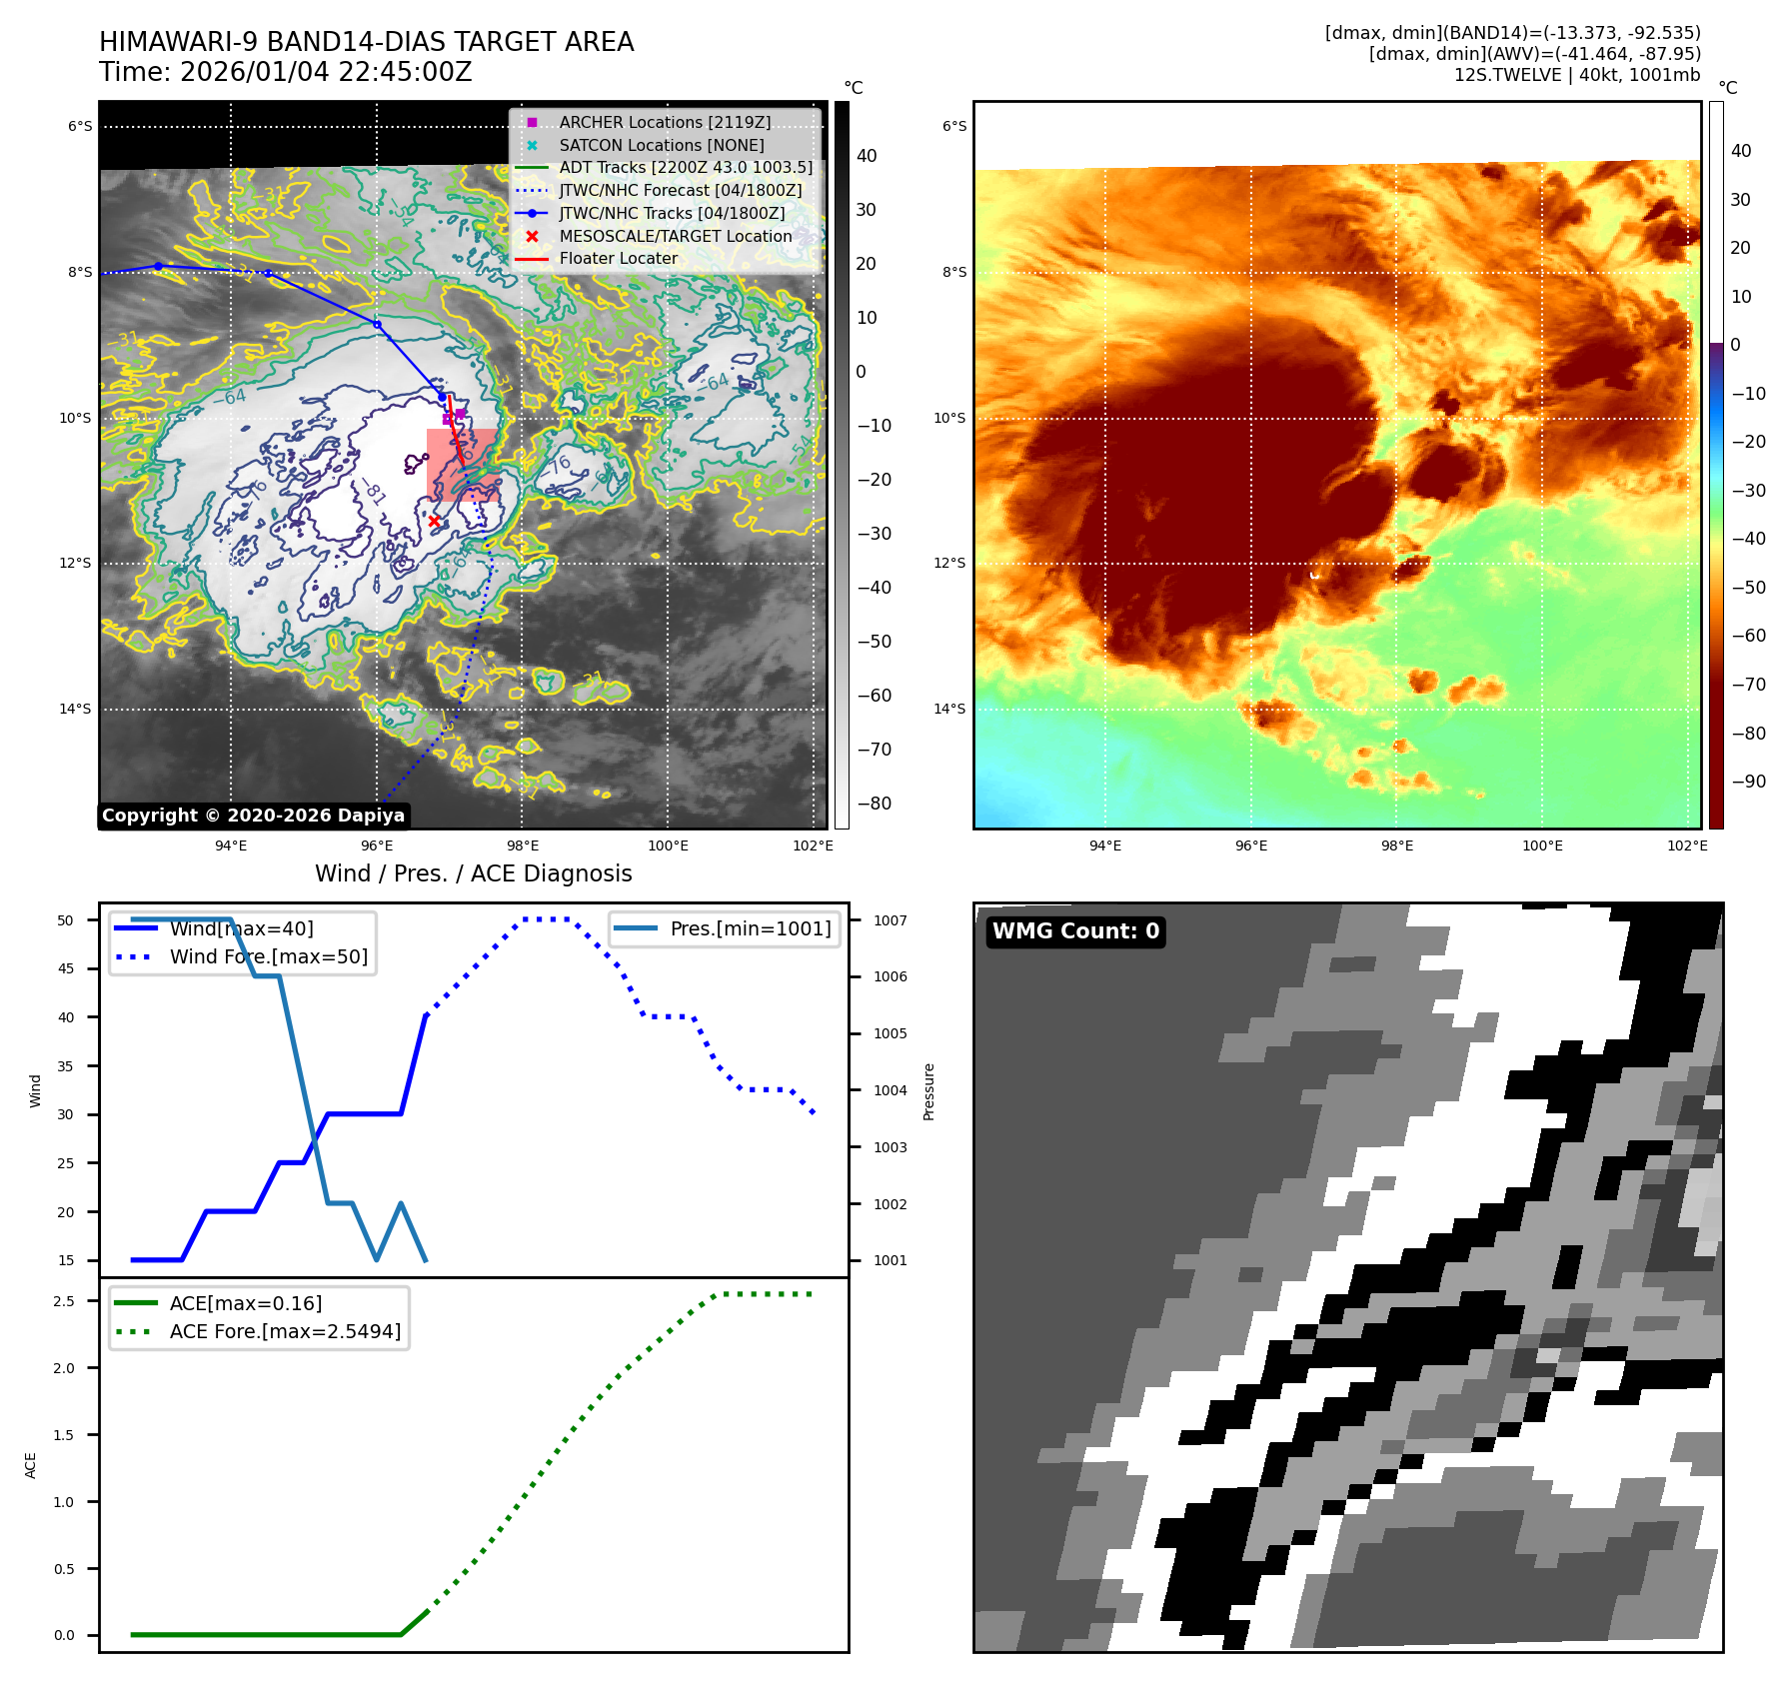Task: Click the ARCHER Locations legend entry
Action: (x=665, y=122)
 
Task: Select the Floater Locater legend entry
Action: (x=618, y=258)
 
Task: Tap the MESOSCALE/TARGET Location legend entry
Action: (x=675, y=236)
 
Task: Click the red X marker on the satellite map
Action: (x=434, y=521)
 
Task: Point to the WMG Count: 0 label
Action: (x=1075, y=931)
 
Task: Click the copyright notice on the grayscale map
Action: (x=254, y=816)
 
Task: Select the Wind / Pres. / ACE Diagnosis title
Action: (x=474, y=873)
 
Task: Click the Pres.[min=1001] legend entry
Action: (x=750, y=928)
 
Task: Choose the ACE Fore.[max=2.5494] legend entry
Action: (x=285, y=1331)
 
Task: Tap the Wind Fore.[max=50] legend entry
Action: (x=268, y=956)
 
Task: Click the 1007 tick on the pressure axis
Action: (x=891, y=920)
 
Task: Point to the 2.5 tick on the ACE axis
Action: (x=64, y=1301)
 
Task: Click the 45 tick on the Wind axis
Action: (x=66, y=968)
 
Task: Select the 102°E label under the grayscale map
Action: (x=813, y=845)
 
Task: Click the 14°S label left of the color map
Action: (x=949, y=709)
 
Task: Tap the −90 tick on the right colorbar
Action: (x=1748, y=782)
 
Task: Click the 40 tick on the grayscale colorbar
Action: (x=867, y=156)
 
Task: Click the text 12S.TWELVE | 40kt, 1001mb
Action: (x=1576, y=75)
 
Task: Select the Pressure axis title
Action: (x=928, y=1091)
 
